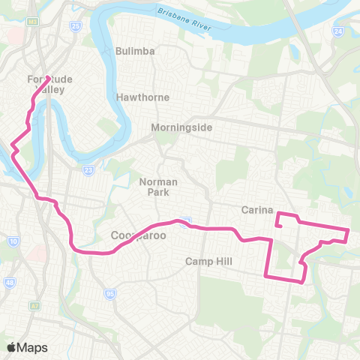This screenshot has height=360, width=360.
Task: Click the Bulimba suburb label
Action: (135, 51)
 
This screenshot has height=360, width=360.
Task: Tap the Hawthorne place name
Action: (142, 97)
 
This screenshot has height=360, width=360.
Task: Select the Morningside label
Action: (181, 127)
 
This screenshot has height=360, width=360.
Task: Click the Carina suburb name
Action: (257, 210)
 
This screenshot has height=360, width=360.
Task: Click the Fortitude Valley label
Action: (44, 84)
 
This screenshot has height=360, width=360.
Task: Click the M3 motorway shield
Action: (33, 22)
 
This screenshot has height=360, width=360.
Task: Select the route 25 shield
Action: (75, 27)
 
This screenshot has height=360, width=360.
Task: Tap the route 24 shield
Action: (337, 31)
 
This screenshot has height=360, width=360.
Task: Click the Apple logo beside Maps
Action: (11, 347)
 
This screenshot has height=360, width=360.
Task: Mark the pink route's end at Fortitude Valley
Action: (49, 77)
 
